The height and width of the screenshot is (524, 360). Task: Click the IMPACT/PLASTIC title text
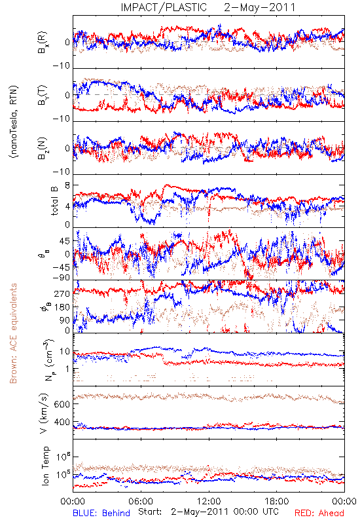tap(164, 7)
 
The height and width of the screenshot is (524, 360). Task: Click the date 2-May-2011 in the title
tap(260, 7)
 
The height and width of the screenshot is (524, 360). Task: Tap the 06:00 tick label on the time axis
tap(141, 501)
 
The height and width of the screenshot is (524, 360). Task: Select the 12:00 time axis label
tap(209, 501)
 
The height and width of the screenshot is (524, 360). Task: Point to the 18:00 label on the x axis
tap(277, 501)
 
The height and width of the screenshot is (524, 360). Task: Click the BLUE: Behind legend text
tap(101, 513)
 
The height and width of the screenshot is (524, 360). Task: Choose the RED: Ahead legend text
tap(319, 513)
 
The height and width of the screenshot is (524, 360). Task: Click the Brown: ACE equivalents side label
tap(13, 333)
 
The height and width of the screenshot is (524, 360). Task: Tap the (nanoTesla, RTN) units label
tap(14, 121)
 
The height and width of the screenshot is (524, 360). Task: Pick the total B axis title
tap(54, 200)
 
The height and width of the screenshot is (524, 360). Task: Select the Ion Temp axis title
tap(45, 466)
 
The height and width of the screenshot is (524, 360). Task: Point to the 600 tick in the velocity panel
tap(62, 404)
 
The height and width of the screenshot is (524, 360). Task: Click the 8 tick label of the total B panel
tap(67, 185)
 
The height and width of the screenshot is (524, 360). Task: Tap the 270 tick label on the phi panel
tap(62, 293)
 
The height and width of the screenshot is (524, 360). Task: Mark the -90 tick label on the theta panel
tap(62, 278)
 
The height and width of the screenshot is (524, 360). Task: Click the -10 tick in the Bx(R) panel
tap(62, 65)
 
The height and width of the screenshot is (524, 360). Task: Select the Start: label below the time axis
tap(150, 512)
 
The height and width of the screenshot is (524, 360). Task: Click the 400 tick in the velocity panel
tap(62, 422)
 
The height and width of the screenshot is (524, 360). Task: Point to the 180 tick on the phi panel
tap(62, 307)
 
